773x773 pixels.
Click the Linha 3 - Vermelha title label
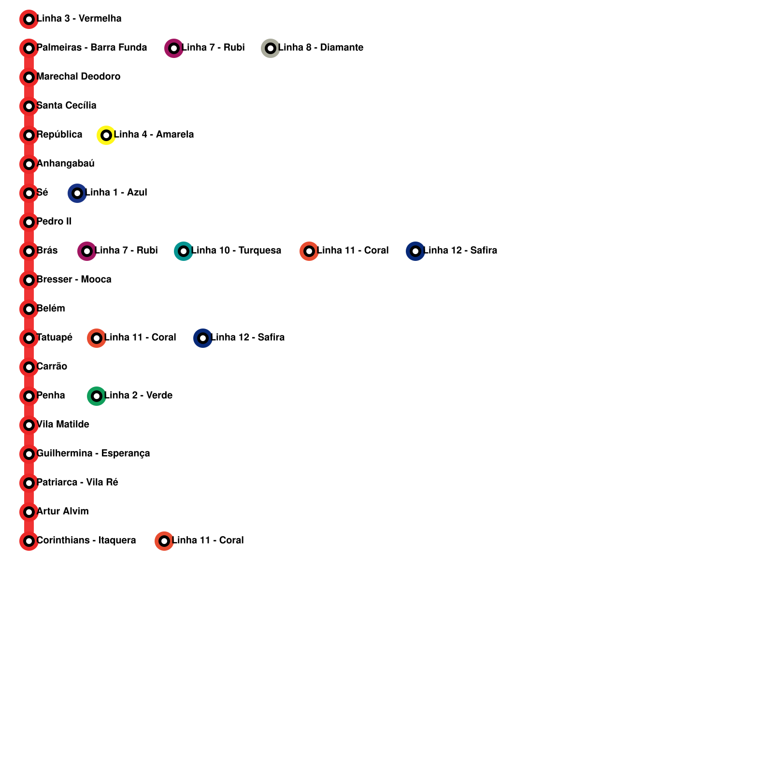[79, 19]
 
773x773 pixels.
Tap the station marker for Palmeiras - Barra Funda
[29, 48]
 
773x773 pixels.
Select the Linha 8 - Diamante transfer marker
[271, 48]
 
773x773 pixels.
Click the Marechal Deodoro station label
[78, 77]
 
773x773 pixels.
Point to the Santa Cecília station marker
[29, 106]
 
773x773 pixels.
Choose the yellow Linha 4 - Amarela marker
[106, 135]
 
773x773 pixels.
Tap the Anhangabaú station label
[65, 164]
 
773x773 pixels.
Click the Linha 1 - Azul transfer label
[116, 193]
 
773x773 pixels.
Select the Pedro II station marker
[29, 222]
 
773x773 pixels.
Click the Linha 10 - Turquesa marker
[184, 251]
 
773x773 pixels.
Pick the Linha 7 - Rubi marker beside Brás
[87, 251]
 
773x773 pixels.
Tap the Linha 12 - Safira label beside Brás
[460, 251]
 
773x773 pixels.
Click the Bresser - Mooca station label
[74, 280]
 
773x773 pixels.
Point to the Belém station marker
[29, 309]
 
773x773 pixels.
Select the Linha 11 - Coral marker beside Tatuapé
[97, 338]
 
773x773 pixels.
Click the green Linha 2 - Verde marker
[97, 396]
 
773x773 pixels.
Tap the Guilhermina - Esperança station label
[93, 454]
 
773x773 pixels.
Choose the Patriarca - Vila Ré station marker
[29, 483]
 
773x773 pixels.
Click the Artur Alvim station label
[62, 512]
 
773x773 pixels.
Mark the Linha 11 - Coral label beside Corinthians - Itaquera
[208, 541]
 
